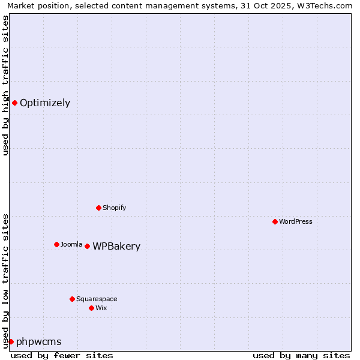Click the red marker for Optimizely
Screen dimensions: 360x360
point(14,103)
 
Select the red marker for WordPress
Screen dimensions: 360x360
point(275,221)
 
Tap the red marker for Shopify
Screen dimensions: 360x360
point(98,208)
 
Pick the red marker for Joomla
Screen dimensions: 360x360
point(56,244)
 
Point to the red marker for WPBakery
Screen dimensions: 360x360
point(87,246)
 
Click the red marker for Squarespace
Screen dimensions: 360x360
point(72,299)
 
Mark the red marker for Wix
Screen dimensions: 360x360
point(91,308)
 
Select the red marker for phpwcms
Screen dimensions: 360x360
point(11,341)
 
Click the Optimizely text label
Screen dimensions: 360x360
point(45,103)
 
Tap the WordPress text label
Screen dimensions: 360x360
point(296,221)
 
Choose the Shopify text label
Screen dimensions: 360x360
point(114,208)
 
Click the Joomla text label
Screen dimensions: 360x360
point(71,244)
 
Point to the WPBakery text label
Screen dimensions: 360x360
point(116,247)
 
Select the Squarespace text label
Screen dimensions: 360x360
point(97,299)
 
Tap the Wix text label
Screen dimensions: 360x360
point(101,308)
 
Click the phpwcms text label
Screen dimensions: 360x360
point(39,342)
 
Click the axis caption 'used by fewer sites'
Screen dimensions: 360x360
point(62,355)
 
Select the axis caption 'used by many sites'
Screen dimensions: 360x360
point(301,355)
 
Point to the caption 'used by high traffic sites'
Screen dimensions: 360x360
point(5,85)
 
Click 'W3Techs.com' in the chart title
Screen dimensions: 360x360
point(322,5)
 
